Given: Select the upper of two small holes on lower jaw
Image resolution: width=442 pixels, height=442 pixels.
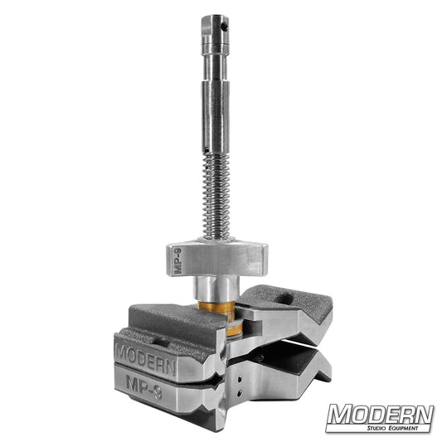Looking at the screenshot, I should [240, 375].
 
